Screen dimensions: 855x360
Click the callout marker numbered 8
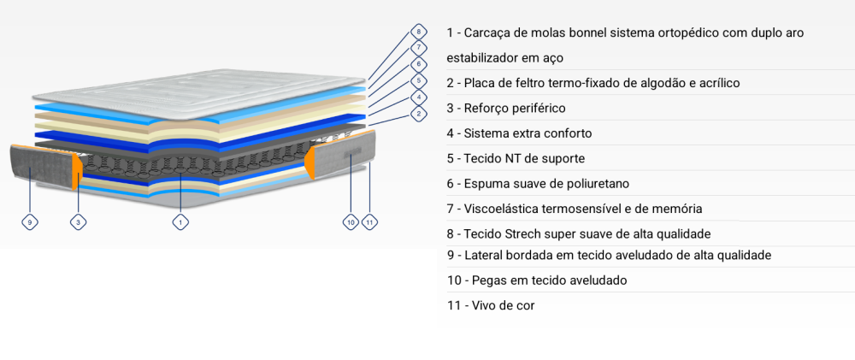pos(418,31)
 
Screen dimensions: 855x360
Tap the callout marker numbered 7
pos(418,47)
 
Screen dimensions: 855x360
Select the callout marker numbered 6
pos(418,64)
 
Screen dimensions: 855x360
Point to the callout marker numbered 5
pos(418,81)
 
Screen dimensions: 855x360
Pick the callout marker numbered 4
pos(418,97)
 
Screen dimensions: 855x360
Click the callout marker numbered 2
pos(418,114)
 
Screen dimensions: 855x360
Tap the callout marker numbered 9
pos(29,222)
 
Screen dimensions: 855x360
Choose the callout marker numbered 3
pos(79,222)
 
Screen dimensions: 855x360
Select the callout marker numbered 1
pos(180,222)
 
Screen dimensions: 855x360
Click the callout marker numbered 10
pos(351,222)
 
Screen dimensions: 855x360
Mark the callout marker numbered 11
pos(369,222)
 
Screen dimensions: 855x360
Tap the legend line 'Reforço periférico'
pos(506,109)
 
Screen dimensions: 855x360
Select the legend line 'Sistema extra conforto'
pos(519,133)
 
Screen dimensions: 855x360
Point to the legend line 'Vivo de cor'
pos(491,306)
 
